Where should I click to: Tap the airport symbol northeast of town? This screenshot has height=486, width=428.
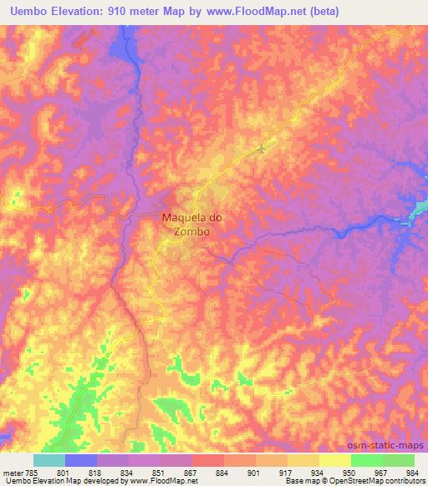click(262, 149)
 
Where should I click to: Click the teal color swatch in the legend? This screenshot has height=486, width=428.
click(49, 460)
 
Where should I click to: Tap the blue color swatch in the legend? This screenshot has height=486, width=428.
click(81, 460)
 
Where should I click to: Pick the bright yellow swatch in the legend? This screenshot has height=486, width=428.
click(335, 460)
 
